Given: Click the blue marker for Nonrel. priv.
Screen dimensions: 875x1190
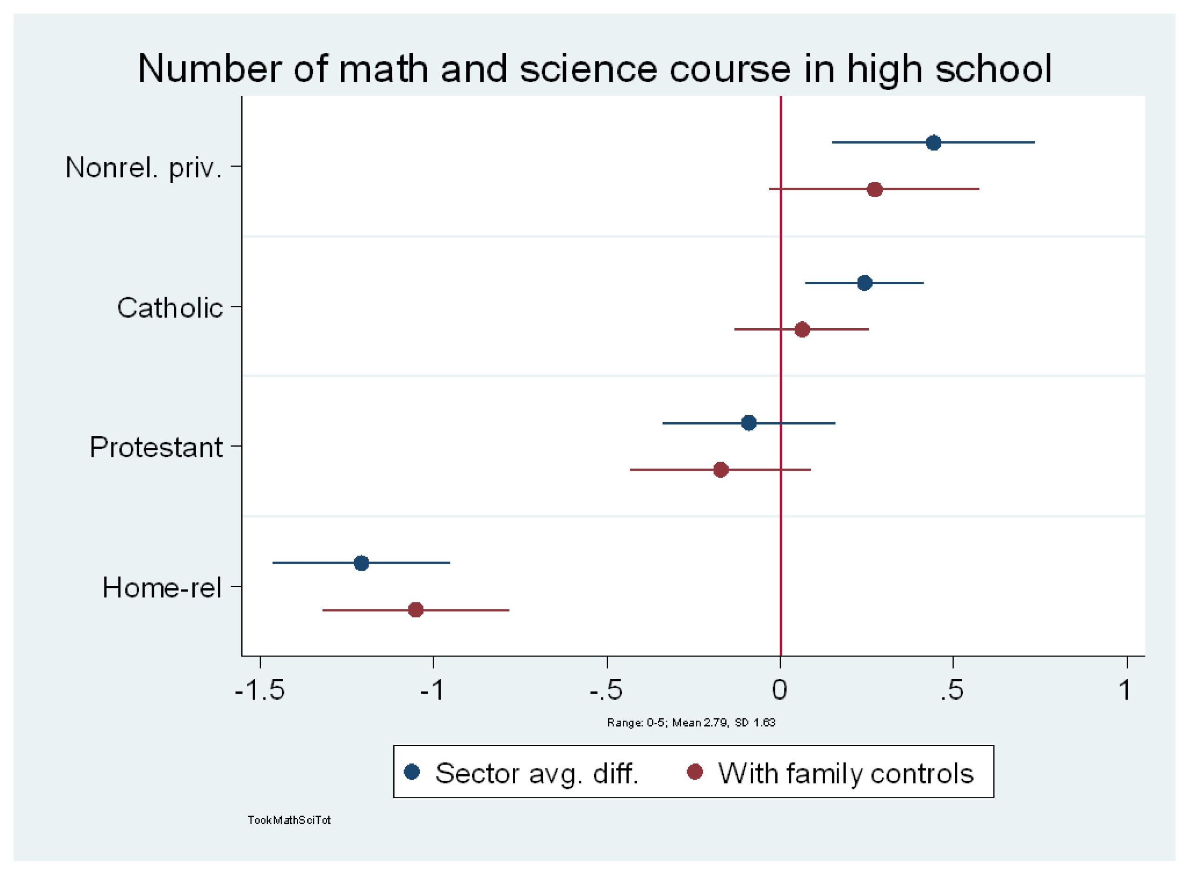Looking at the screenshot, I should [934, 142].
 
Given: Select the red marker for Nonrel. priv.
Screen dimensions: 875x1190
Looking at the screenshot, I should [875, 189].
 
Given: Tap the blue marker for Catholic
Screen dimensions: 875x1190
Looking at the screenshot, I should [864, 283].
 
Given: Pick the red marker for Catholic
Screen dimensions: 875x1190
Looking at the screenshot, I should [802, 330].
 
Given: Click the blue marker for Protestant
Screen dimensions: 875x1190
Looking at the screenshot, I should [749, 423].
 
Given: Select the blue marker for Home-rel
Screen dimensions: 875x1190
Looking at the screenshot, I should [361, 563].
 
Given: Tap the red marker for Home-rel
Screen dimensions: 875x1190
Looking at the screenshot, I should [416, 610].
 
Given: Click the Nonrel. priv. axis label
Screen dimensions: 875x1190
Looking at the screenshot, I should [144, 167].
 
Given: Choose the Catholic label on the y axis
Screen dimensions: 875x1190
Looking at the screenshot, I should [170, 308].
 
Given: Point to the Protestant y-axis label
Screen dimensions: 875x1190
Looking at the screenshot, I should [156, 447].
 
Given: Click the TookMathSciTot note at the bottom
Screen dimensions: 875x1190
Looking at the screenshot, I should [289, 820].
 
